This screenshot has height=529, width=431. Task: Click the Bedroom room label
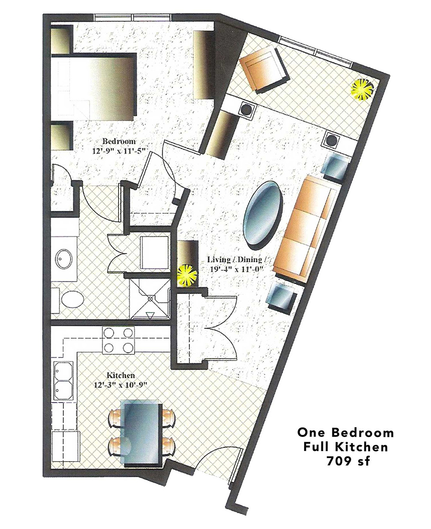tap(119, 142)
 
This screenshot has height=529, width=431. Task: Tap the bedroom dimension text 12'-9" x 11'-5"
tap(119, 151)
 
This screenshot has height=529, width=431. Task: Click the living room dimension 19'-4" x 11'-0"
tap(237, 269)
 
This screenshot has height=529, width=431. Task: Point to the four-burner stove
tap(119, 340)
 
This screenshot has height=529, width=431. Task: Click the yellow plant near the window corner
tap(363, 90)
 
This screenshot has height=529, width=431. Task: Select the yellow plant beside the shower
tap(187, 276)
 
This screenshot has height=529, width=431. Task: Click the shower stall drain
tap(150, 299)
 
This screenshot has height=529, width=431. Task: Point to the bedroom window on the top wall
tap(133, 17)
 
